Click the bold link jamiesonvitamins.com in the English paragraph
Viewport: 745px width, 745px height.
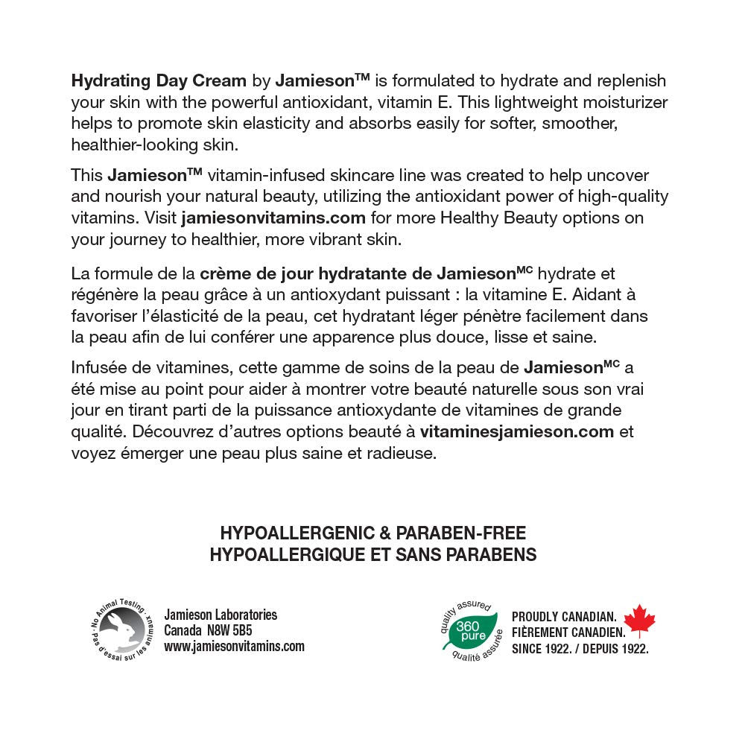click(x=273, y=218)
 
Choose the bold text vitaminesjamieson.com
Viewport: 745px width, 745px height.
click(x=517, y=431)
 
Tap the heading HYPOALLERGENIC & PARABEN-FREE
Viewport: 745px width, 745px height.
click(x=373, y=533)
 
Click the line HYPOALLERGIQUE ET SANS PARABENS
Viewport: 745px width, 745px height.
click(x=373, y=555)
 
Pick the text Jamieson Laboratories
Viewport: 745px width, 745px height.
click(x=221, y=615)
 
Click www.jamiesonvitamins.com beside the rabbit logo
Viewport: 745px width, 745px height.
click(x=234, y=646)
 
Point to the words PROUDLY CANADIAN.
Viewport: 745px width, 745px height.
click(x=563, y=618)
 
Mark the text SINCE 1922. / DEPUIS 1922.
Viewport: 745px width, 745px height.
click(x=580, y=649)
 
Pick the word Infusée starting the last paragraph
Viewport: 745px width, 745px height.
click(x=96, y=367)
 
